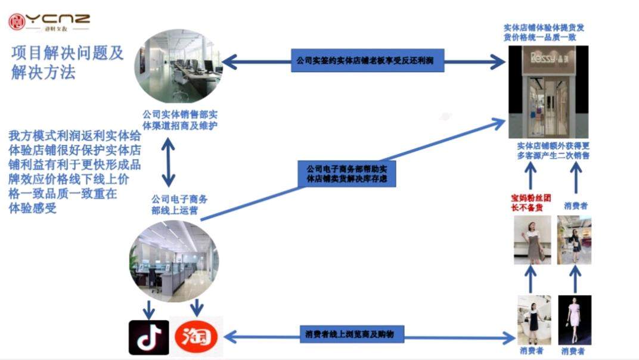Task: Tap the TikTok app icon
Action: [x=148, y=337]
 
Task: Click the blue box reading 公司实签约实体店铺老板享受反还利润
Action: [x=367, y=61]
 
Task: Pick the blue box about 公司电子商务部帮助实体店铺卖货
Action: [x=346, y=173]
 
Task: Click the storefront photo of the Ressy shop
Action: [x=548, y=92]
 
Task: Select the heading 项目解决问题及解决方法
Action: [x=67, y=62]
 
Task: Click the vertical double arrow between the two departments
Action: [x=169, y=162]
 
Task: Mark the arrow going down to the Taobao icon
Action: [x=196, y=308]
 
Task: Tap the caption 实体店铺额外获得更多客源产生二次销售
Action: [x=553, y=151]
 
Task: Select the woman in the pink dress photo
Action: [x=574, y=319]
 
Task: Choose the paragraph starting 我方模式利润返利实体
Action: [x=75, y=171]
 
